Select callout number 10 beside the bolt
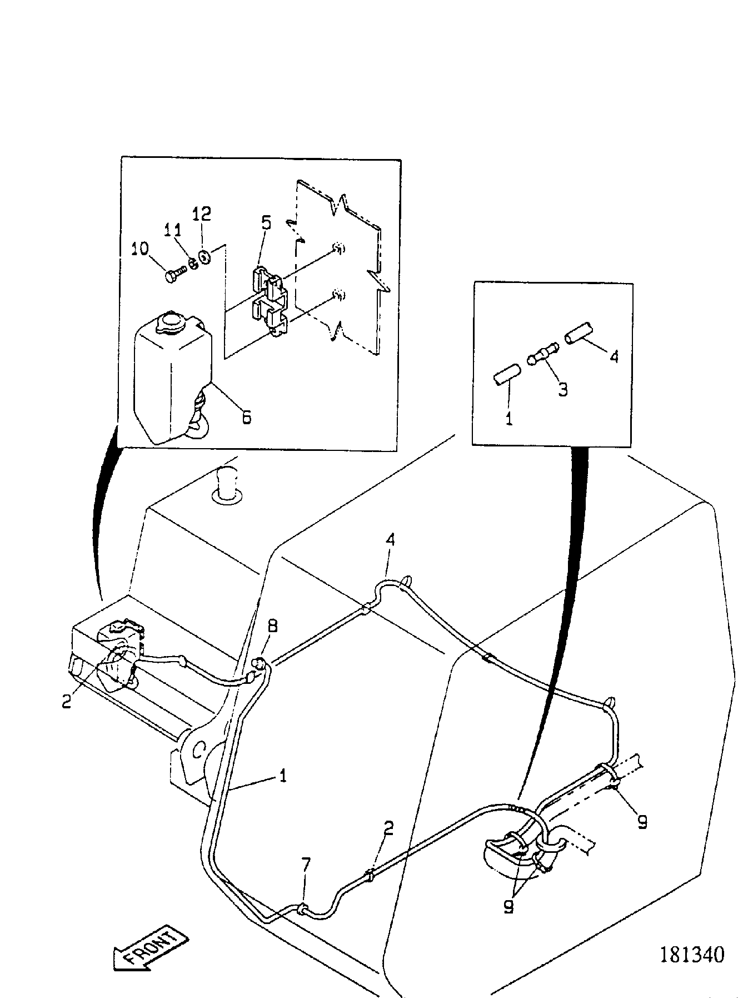[140, 248]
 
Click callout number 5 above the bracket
[266, 224]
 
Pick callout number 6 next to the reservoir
[247, 416]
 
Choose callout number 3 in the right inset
[563, 389]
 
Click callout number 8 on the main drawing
[272, 626]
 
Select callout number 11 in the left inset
[172, 230]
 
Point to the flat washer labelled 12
[203, 257]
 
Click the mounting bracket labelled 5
[269, 301]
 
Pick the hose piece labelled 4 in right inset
[579, 332]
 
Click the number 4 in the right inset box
[614, 358]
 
